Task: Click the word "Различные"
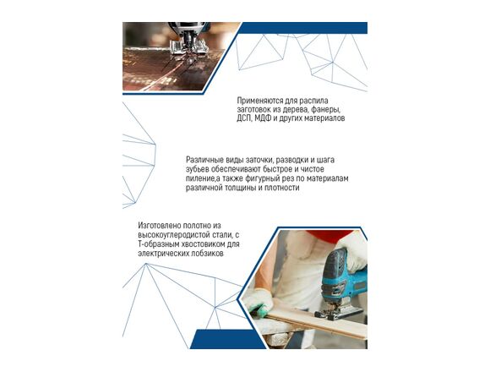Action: tap(204, 160)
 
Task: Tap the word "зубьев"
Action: tap(197, 169)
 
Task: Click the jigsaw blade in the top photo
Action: tap(189, 60)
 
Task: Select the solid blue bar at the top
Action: tap(303, 28)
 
